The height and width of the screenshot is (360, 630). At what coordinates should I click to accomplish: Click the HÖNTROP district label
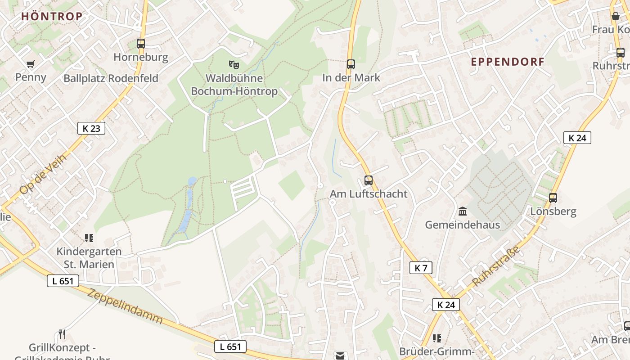coord(52,16)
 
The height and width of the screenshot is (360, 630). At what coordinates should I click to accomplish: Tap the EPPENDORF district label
coord(508,62)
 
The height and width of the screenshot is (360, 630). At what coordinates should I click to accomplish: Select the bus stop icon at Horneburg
coord(141,44)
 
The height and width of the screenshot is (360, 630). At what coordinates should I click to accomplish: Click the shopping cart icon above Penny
coord(31,64)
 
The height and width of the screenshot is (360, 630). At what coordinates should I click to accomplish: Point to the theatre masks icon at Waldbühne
coord(234,65)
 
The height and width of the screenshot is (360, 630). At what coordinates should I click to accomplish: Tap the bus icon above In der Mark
coord(351,64)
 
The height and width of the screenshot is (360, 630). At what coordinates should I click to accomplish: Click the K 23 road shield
coord(91,128)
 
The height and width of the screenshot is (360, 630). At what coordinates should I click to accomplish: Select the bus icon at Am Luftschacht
coord(369,180)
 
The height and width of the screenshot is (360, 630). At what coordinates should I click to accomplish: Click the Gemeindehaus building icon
coord(462,211)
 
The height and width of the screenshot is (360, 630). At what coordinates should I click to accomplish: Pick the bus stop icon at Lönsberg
coord(553,198)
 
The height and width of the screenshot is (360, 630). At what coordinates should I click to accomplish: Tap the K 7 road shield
coord(421,268)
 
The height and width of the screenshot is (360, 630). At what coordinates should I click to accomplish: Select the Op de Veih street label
coord(43,174)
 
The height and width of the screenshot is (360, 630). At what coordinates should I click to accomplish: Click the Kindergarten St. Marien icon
coord(89,238)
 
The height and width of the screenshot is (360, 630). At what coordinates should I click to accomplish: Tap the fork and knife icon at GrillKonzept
coord(62,334)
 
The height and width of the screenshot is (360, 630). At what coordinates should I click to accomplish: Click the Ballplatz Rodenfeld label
coord(111,78)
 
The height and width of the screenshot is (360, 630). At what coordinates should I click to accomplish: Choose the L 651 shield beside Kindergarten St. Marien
coord(63,281)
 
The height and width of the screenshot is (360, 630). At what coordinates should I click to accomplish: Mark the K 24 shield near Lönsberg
coord(577,138)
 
